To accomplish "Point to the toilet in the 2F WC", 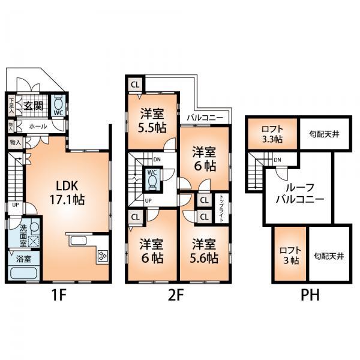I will (152, 179).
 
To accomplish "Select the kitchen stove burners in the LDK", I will (101, 257).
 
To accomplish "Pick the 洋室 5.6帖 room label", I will (204, 251).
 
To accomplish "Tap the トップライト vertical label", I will (221, 208).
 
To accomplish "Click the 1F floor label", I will (58, 295).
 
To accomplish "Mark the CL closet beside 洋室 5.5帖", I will (134, 84).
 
